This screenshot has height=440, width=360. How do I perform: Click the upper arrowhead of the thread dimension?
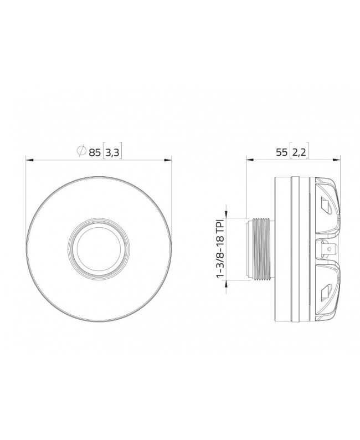point(227,214)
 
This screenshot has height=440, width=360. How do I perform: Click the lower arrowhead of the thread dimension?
point(227,285)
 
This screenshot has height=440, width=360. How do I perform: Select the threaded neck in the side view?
point(260,250)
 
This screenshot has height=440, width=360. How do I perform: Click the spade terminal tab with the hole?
point(327,250)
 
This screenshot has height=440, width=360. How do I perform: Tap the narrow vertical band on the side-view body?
point(297,250)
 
